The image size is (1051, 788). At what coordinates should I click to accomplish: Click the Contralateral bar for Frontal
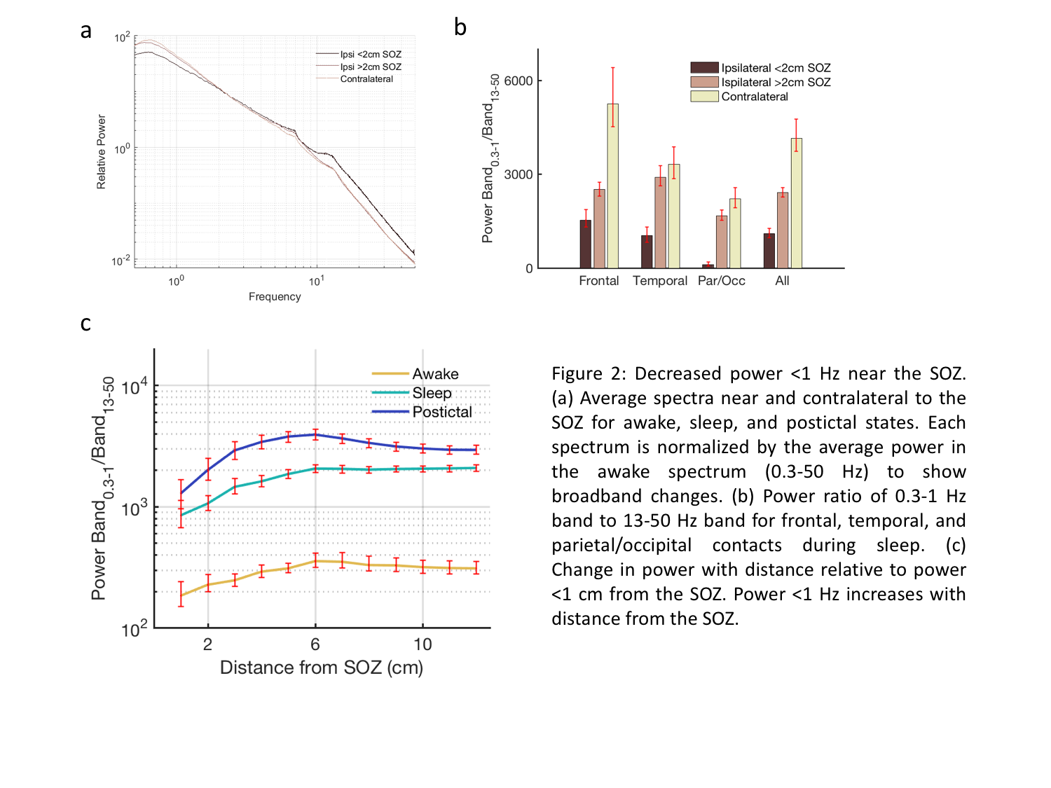pyautogui.click(x=612, y=186)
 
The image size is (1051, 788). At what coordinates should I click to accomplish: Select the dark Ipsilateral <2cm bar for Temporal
pyautogui.click(x=647, y=251)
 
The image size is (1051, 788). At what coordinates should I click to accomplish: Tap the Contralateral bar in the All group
pyautogui.click(x=796, y=203)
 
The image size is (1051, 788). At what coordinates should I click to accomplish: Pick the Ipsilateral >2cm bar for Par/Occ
pyautogui.click(x=722, y=242)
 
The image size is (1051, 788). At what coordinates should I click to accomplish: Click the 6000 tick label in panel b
pyautogui.click(x=518, y=81)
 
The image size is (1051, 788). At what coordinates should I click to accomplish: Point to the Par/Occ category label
pyautogui.click(x=722, y=281)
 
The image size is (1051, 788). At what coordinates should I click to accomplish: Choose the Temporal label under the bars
pyautogui.click(x=660, y=281)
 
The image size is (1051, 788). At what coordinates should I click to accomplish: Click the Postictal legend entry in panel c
pyautogui.click(x=441, y=412)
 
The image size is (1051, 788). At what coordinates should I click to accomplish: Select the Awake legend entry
pyautogui.click(x=435, y=374)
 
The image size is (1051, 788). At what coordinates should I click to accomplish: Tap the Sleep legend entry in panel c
pyautogui.click(x=432, y=393)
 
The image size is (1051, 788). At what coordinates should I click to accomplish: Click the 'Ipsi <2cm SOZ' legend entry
pyautogui.click(x=371, y=55)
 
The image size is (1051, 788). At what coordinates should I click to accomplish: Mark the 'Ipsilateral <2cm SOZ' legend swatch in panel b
pyautogui.click(x=704, y=68)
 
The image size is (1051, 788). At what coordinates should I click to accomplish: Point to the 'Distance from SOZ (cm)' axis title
pyautogui.click(x=322, y=668)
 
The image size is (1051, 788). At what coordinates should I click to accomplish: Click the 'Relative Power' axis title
pyautogui.click(x=102, y=152)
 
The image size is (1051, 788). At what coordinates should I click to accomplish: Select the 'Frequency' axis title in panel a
pyautogui.click(x=275, y=297)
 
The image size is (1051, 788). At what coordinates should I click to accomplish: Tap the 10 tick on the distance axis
pyautogui.click(x=423, y=644)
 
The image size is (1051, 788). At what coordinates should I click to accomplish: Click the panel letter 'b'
pyautogui.click(x=460, y=27)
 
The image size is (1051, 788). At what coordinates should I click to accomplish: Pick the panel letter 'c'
pyautogui.click(x=85, y=323)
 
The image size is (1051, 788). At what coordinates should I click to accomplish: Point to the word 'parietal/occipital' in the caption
pyautogui.click(x=621, y=545)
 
